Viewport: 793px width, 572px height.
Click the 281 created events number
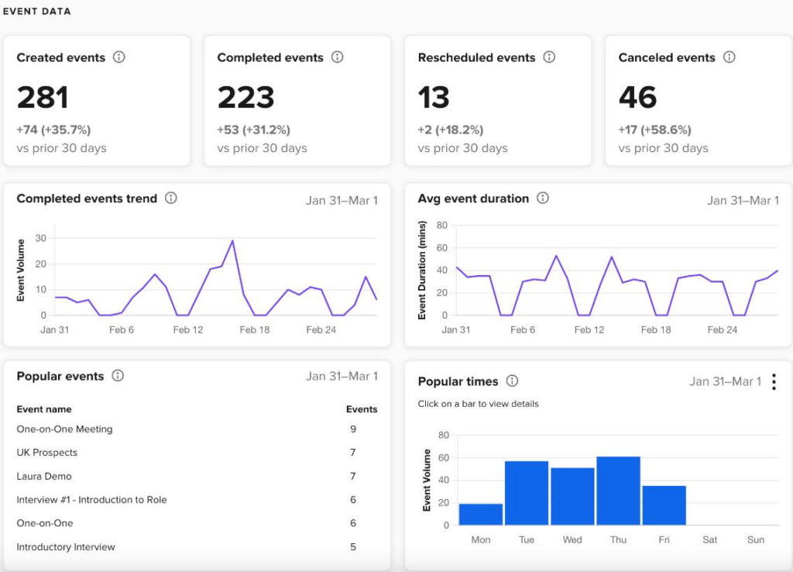(x=43, y=98)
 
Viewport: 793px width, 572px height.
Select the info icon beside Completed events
(x=337, y=57)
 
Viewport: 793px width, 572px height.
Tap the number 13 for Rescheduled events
(x=434, y=98)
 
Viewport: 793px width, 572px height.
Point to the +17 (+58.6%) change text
(x=654, y=129)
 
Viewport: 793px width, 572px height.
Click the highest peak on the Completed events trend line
(x=232, y=241)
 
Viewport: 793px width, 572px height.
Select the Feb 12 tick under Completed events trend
(x=188, y=329)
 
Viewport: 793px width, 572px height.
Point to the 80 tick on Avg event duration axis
(x=442, y=226)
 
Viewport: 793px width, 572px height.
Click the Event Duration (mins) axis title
(x=422, y=270)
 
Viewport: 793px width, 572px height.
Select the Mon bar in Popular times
(x=480, y=514)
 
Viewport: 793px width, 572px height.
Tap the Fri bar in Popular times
(x=664, y=505)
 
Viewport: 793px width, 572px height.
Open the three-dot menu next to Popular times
(x=774, y=382)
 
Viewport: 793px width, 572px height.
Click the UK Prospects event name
(x=47, y=453)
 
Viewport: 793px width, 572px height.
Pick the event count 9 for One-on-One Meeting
(x=353, y=429)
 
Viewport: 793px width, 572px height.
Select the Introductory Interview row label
(x=66, y=547)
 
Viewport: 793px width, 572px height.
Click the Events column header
(x=362, y=409)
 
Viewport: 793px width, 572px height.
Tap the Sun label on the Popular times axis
(x=756, y=539)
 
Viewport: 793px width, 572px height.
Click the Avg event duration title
(x=473, y=198)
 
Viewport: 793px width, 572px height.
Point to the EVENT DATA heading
(x=36, y=12)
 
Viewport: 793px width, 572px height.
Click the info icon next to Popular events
(x=118, y=376)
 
